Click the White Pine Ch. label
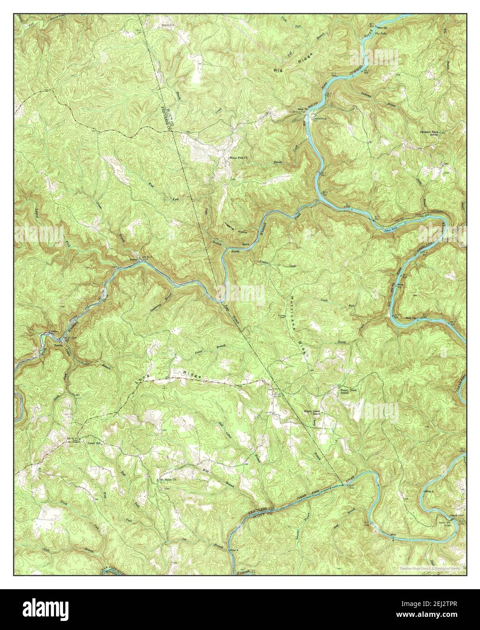pyautogui.click(x=239, y=158)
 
